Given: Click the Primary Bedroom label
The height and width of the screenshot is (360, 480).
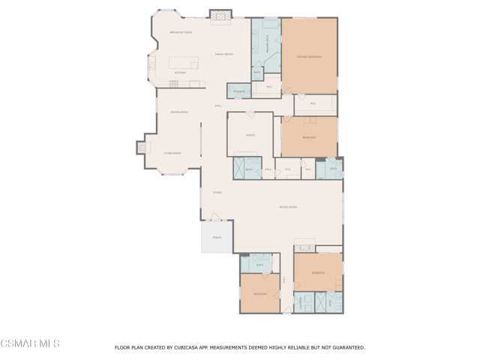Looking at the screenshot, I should pos(309,56).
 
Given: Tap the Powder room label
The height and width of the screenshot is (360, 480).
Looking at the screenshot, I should pos(239,91).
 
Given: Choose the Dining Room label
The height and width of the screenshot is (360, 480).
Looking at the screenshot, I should pos(179,112).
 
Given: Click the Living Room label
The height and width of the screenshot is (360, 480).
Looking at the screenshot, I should pos(172,153).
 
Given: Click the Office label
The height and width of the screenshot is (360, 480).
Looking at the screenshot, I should pos(250,135).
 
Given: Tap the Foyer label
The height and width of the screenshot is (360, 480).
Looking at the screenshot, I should pos(217,192).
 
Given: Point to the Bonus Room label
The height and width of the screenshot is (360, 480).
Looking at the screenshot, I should pos(289,206).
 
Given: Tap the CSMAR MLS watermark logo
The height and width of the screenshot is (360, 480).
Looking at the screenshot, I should pos(30,343).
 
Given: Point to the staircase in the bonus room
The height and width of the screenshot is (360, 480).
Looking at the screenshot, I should pos(304,246).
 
